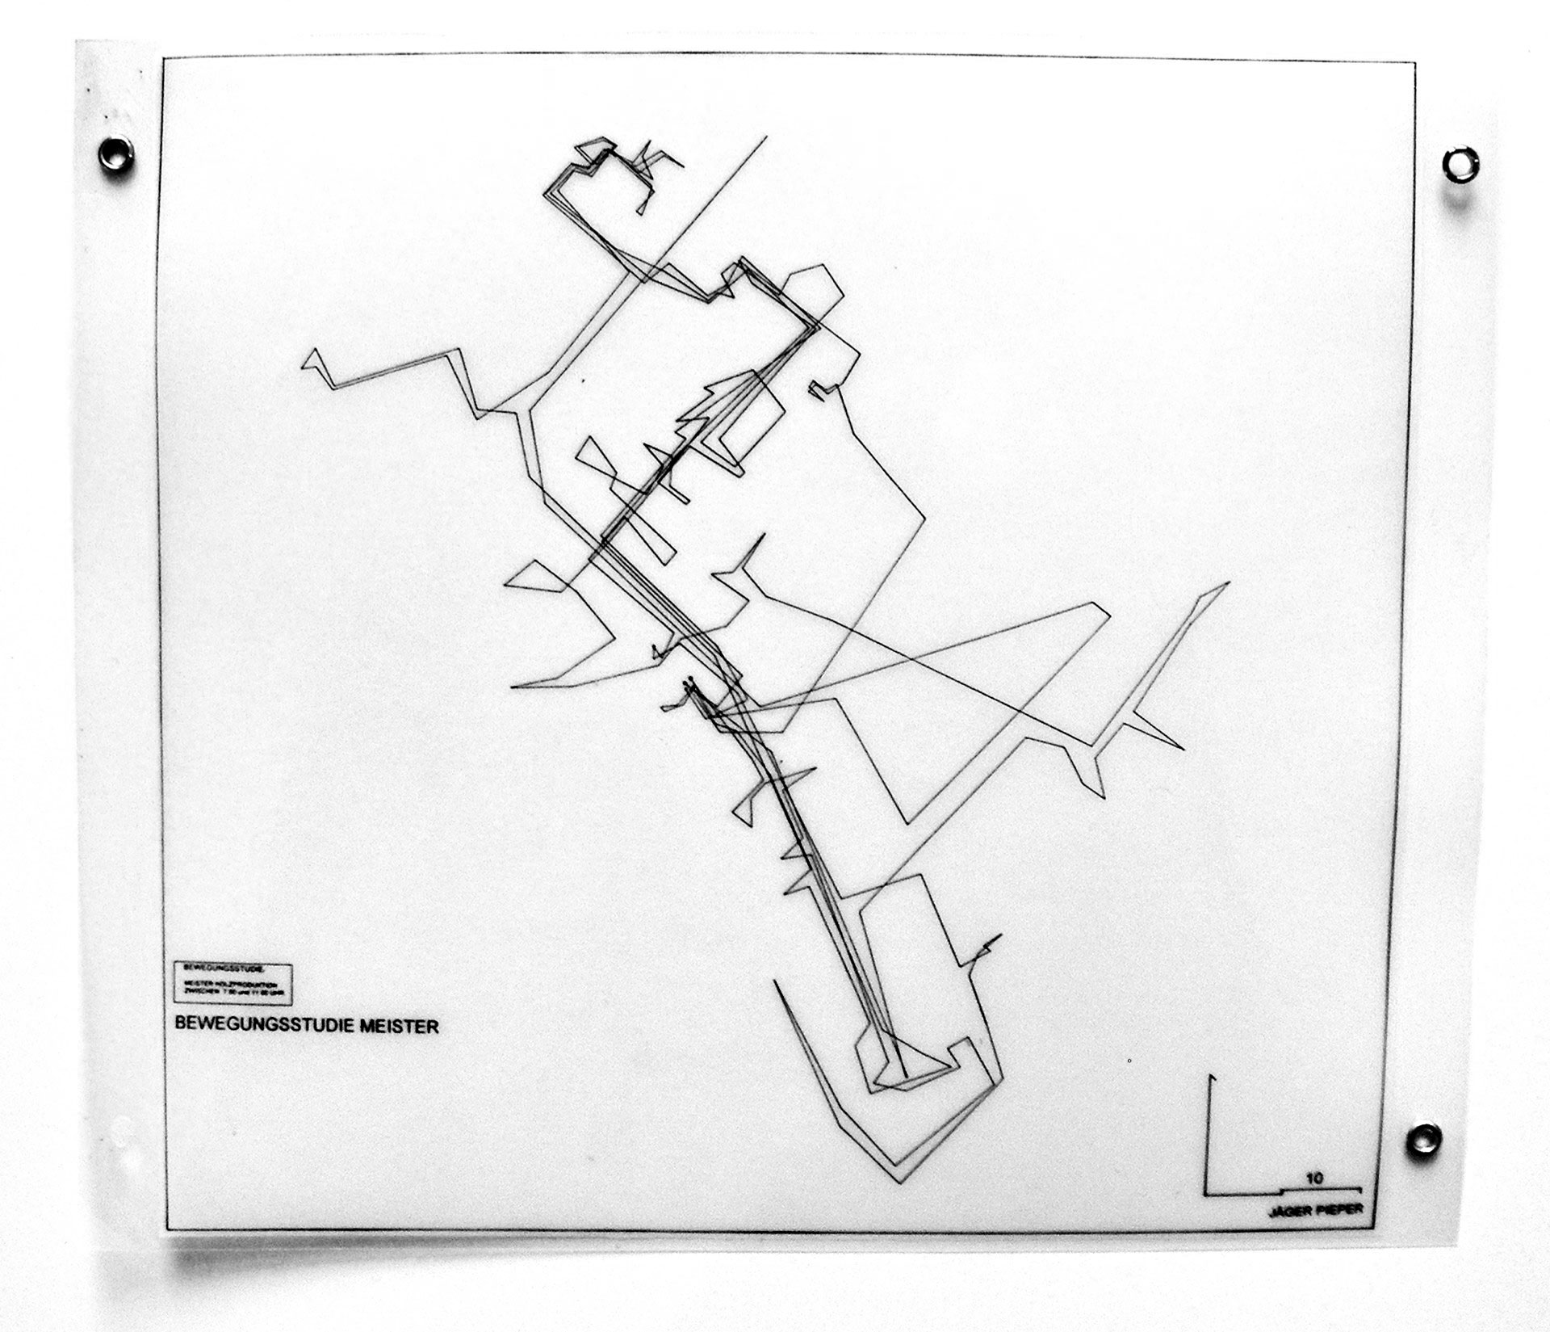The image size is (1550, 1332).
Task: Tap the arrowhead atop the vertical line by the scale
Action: pos(1210,1078)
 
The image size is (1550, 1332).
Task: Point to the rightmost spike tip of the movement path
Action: pos(1230,582)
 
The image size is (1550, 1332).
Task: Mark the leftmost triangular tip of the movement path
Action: pos(302,366)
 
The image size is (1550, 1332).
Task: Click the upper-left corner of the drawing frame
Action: pos(163,58)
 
